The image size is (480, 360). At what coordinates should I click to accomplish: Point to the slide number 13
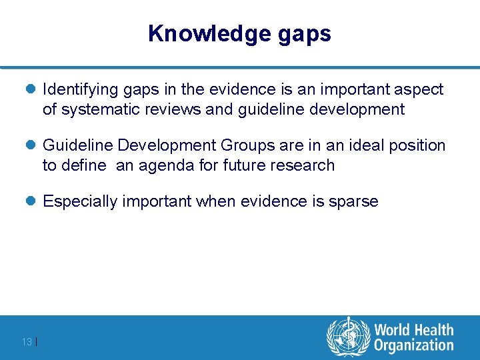click(27, 342)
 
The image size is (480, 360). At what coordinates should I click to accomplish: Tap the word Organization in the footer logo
click(414, 345)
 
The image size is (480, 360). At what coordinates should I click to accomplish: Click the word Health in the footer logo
click(433, 330)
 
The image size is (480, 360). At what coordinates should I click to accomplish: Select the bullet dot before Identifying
click(33, 89)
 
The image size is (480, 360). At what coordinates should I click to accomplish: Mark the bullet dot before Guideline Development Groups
click(33, 145)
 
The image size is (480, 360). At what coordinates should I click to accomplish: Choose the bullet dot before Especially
click(33, 201)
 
